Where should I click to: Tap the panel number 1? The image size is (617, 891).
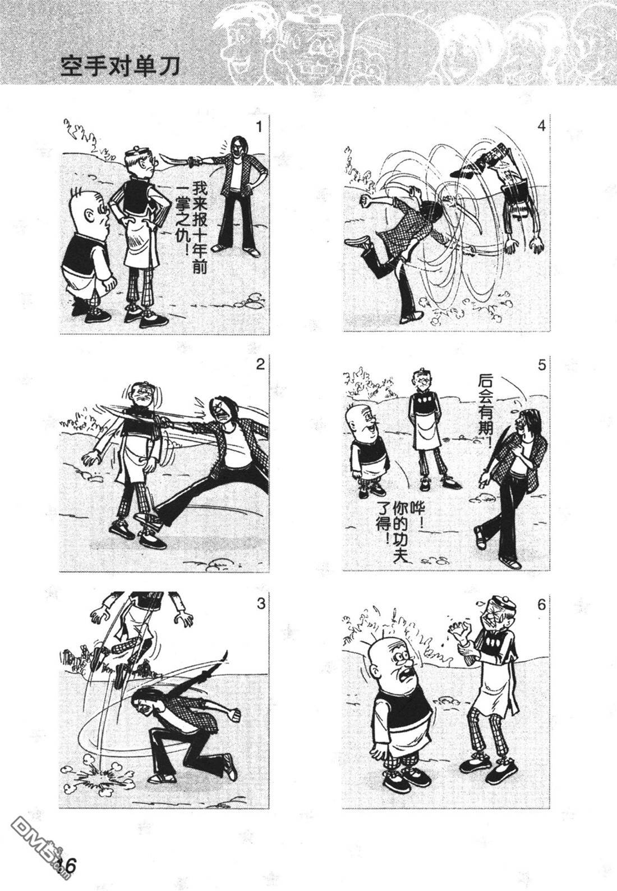(260, 127)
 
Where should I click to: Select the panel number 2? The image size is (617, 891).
(260, 364)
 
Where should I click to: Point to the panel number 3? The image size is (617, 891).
(260, 604)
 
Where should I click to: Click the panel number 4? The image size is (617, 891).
(541, 126)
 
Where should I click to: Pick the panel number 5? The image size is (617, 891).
(542, 365)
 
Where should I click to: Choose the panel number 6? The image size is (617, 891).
(542, 605)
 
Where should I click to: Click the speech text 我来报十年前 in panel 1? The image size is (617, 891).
(200, 227)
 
